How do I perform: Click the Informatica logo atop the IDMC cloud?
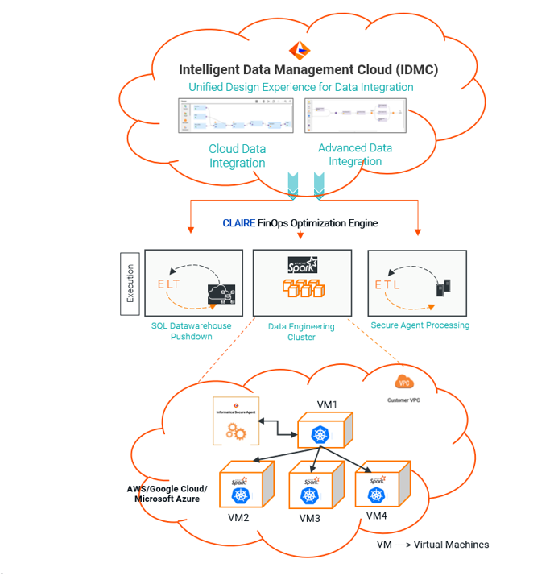(x=300, y=50)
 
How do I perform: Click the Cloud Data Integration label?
(x=238, y=155)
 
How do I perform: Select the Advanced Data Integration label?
(x=355, y=154)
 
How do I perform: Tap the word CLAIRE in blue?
(x=238, y=223)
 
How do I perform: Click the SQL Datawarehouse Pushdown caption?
(x=191, y=331)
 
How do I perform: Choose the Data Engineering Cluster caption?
(x=301, y=332)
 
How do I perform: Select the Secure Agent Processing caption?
(x=420, y=325)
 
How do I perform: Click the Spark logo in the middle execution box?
(x=302, y=265)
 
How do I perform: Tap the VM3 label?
(x=309, y=518)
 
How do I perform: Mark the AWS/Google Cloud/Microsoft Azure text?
(x=167, y=494)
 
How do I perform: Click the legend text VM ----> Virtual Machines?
(x=432, y=545)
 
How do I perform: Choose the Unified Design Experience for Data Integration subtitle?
(x=301, y=87)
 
